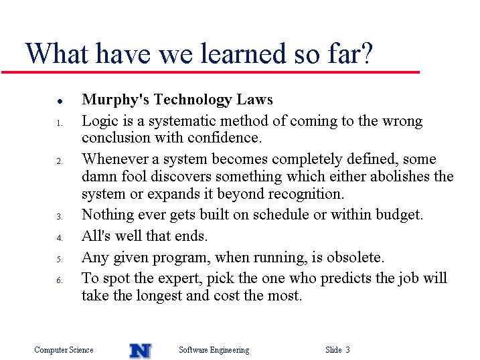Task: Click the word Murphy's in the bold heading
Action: pyautogui.click(x=115, y=100)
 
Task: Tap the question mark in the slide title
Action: pyautogui.click(x=366, y=53)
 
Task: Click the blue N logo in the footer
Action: pyautogui.click(x=140, y=351)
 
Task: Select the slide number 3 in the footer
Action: pyautogui.click(x=347, y=349)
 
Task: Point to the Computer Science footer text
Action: pyautogui.click(x=64, y=350)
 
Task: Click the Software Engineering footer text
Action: pyautogui.click(x=214, y=350)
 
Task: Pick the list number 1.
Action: pyautogui.click(x=60, y=123)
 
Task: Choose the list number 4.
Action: pyautogui.click(x=60, y=238)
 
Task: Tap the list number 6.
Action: pyautogui.click(x=60, y=280)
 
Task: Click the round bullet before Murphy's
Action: pyautogui.click(x=60, y=101)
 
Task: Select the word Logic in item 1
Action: pyautogui.click(x=100, y=121)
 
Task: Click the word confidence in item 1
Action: pyautogui.click(x=224, y=137)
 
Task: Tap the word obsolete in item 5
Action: pyautogui.click(x=355, y=257)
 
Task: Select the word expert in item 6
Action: pyautogui.click(x=183, y=279)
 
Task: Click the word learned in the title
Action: pyautogui.click(x=243, y=54)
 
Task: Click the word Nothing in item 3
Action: pyautogui.click(x=108, y=215)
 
